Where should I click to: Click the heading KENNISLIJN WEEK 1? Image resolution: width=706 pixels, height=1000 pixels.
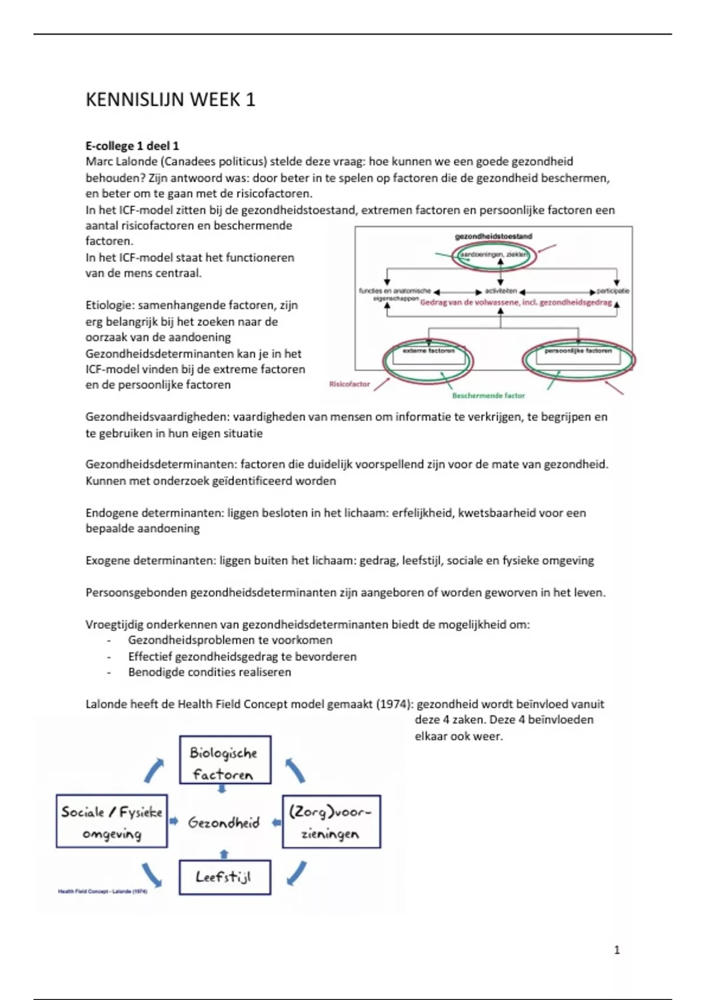pos(171,100)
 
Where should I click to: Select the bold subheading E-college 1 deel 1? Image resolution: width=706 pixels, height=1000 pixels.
pos(132,146)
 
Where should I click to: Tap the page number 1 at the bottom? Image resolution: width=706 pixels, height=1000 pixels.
pos(617,950)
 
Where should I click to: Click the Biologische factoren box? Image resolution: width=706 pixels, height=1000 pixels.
pos(225,760)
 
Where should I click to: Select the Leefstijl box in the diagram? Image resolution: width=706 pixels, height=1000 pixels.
pos(225,878)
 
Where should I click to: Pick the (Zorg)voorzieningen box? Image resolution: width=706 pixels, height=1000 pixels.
pos(331,822)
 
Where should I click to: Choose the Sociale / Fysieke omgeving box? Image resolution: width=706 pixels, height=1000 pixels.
pos(112,822)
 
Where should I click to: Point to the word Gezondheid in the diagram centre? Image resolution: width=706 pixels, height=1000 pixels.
pos(224,823)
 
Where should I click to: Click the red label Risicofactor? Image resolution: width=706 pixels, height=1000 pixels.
pos(349,384)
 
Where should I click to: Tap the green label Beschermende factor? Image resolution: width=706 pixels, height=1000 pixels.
pos(488,396)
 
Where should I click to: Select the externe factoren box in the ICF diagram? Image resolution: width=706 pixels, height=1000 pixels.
pos(428,351)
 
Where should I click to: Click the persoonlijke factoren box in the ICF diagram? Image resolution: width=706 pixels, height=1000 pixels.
pos(578,351)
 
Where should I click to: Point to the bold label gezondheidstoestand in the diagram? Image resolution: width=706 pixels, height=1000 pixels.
pos(494,236)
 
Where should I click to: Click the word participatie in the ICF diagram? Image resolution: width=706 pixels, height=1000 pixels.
pos(613,291)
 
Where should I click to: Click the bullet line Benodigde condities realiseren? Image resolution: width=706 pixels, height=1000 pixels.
pos(209,672)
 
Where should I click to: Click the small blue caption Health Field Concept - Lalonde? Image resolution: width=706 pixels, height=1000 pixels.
pos(102,892)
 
